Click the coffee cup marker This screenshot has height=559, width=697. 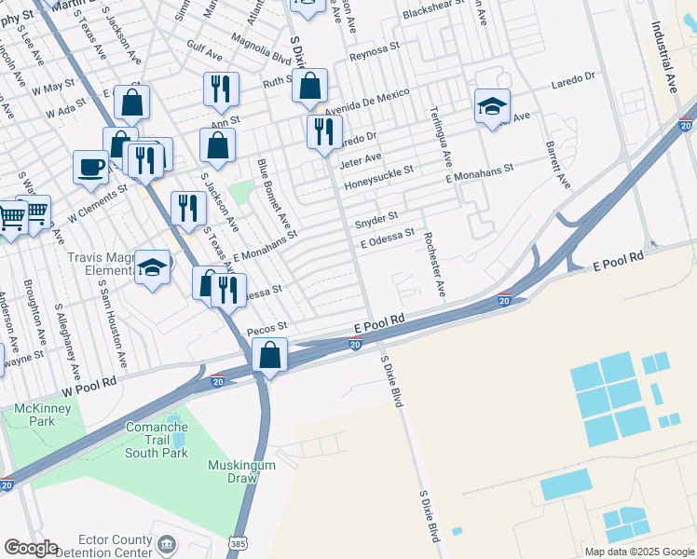pyautogui.click(x=90, y=167)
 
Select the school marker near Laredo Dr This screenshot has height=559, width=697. pyautogui.click(x=491, y=107)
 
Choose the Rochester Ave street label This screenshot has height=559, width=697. pyautogui.click(x=434, y=266)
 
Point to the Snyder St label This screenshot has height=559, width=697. pyautogui.click(x=376, y=224)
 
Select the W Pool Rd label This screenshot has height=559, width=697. pyautogui.click(x=89, y=383)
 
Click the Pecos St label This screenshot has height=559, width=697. pyautogui.click(x=267, y=330)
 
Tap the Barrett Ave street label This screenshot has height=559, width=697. pyautogui.click(x=557, y=166)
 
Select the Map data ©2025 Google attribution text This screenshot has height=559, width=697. pyautogui.click(x=639, y=552)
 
